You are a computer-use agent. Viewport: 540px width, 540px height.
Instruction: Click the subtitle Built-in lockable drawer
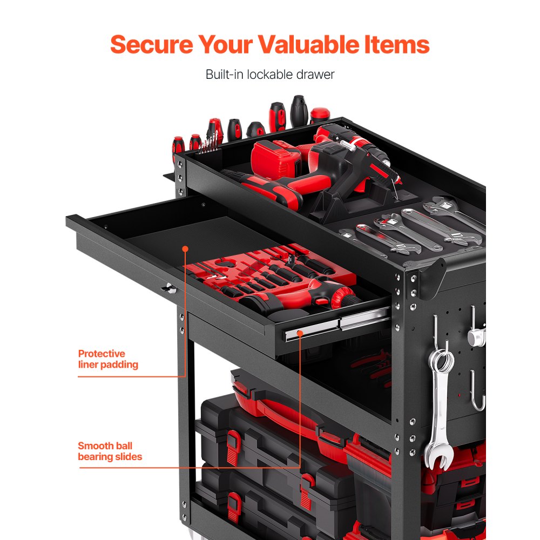pos(270,75)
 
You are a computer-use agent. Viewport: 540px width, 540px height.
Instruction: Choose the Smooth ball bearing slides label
pos(110,451)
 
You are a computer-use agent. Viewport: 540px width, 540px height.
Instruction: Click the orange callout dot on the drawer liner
pos(185,249)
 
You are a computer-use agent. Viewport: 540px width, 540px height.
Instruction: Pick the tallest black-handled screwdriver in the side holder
pos(299,111)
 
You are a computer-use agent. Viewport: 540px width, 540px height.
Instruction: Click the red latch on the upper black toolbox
pos(233,442)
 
